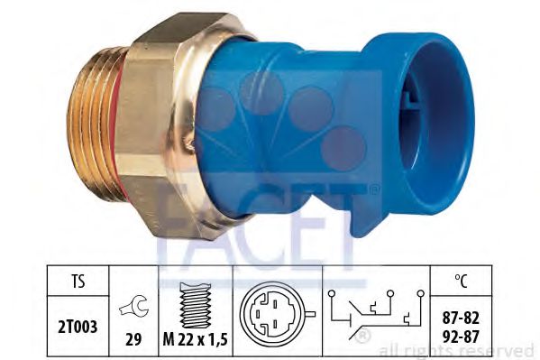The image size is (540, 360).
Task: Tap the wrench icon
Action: click(x=132, y=311)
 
